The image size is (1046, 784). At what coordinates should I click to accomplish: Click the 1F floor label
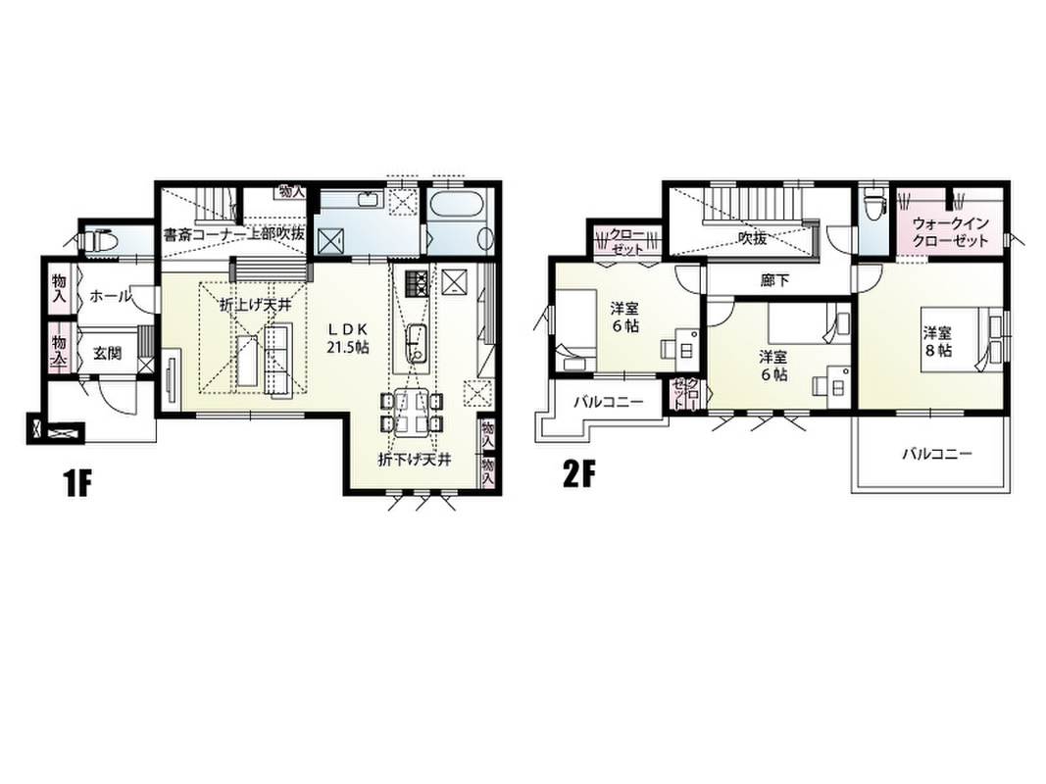coord(76,483)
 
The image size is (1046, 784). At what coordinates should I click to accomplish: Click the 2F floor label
coord(578,474)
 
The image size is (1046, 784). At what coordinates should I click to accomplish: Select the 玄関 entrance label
coord(107,353)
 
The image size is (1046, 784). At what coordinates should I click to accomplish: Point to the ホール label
coord(110,296)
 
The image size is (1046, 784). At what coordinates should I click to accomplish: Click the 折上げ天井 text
coord(256,306)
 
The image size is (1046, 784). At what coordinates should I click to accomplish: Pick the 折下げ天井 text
coord(415,460)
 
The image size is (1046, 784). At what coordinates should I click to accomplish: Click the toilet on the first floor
coord(101,239)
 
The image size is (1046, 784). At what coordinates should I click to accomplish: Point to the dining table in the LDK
coord(409,412)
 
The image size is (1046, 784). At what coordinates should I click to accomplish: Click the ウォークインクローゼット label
coord(950,232)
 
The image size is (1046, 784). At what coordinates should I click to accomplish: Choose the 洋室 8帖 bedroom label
coord(937,341)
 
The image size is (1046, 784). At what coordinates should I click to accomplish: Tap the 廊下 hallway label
coord(774,280)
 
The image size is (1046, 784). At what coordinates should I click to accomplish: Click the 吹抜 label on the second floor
coord(753,238)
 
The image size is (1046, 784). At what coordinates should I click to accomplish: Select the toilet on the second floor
coord(872,202)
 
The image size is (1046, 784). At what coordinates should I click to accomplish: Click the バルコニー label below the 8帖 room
coord(937,455)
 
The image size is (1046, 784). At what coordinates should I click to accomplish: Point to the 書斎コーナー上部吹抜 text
coord(234,234)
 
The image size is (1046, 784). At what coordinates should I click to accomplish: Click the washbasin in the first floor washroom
coord(367,199)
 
